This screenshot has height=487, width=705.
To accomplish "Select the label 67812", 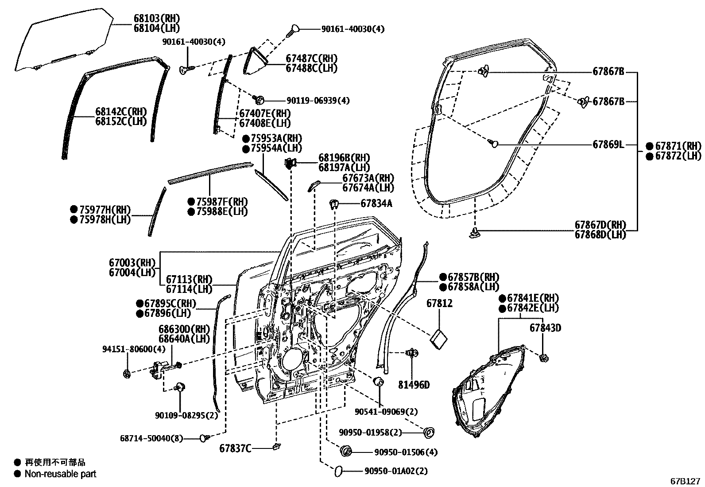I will (439, 304).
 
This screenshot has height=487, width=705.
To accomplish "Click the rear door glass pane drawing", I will (62, 40).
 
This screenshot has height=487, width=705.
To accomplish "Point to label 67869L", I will (608, 144).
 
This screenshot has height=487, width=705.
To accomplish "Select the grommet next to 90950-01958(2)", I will (429, 432).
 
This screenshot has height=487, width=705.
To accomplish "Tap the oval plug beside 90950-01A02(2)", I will (337, 471).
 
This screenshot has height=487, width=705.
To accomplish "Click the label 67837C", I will (235, 448).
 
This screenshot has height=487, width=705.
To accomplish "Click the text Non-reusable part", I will (60, 474).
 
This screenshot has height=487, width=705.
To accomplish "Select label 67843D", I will (545, 328).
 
